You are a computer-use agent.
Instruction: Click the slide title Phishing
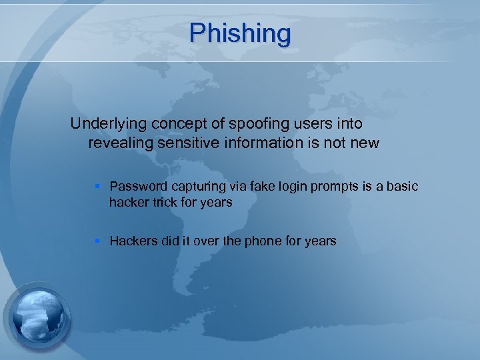pos(240,33)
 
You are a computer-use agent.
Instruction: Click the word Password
pos(137,186)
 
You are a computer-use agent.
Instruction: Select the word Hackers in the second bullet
pos(133,241)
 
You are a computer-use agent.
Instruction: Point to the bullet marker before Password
pos(99,187)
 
